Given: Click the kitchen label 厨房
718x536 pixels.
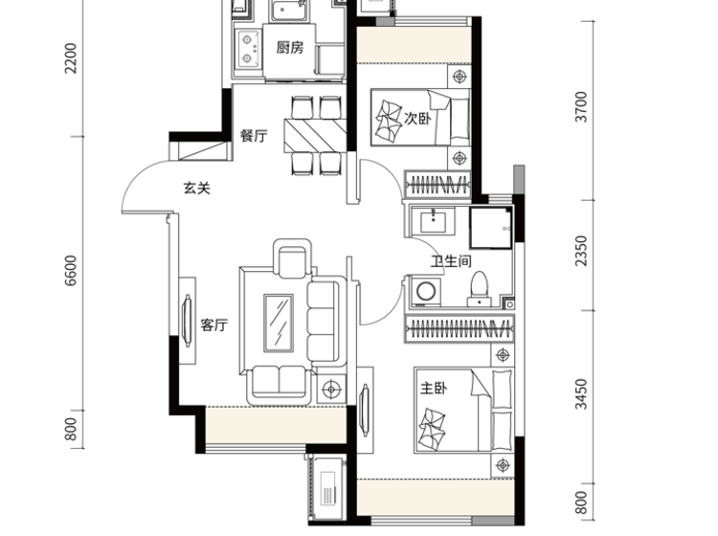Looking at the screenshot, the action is pyautogui.click(x=289, y=47).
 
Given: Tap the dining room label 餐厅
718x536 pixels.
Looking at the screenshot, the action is pyautogui.click(x=254, y=136).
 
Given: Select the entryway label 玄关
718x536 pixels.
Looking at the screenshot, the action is pyautogui.click(x=196, y=189).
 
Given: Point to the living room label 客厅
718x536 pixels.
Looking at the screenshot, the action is pyautogui.click(x=213, y=325).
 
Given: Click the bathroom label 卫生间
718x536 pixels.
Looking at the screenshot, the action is pyautogui.click(x=451, y=261).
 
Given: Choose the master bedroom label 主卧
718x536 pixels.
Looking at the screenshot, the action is pyautogui.click(x=434, y=389).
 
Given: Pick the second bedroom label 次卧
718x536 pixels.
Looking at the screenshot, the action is pyautogui.click(x=417, y=118).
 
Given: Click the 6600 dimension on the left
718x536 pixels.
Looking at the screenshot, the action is pyautogui.click(x=71, y=271).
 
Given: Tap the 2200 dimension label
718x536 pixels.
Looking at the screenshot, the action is pyautogui.click(x=71, y=58).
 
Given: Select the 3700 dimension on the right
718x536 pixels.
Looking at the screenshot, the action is pyautogui.click(x=581, y=106).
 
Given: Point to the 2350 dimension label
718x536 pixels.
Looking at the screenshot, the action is pyautogui.click(x=581, y=251).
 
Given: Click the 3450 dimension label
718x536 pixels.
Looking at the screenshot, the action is pyautogui.click(x=581, y=394).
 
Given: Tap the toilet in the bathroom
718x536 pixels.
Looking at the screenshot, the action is pyautogui.click(x=480, y=289).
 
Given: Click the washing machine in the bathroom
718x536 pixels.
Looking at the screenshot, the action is pyautogui.click(x=426, y=291).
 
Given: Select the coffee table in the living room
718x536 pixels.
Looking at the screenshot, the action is pyautogui.click(x=278, y=324).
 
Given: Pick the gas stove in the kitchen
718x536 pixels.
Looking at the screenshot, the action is pyautogui.click(x=248, y=49).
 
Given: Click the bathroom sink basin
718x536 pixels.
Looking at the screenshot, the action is pyautogui.click(x=433, y=220).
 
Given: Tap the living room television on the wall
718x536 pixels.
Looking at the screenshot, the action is pyautogui.click(x=187, y=321).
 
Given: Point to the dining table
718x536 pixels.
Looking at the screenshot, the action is pyautogui.click(x=315, y=136).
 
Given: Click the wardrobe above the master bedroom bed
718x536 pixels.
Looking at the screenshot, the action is pyautogui.click(x=460, y=328).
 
